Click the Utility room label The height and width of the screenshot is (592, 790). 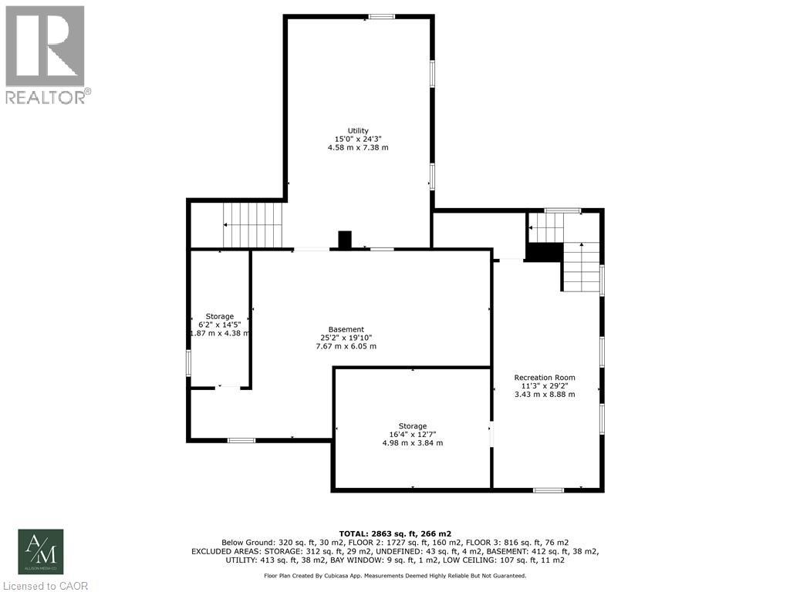(358, 130)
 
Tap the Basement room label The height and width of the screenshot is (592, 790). (346, 329)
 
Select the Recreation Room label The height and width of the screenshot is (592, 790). (545, 377)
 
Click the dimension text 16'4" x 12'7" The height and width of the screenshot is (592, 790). (413, 435)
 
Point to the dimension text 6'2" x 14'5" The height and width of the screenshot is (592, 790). (220, 325)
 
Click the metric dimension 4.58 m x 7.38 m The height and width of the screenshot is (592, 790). (358, 147)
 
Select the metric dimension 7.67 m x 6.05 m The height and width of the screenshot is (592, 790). (346, 346)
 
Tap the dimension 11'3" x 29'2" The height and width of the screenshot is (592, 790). (545, 385)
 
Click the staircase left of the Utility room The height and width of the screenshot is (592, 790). (254, 224)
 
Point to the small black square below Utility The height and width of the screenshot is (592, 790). (346, 240)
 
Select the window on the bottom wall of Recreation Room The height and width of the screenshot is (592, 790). (548, 489)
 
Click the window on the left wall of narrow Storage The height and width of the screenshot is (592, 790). (188, 362)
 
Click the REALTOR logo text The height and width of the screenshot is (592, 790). (48, 96)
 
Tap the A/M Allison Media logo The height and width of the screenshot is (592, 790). (41, 551)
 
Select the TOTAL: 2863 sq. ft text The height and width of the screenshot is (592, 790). (395, 533)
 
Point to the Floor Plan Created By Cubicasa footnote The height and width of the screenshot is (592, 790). (395, 575)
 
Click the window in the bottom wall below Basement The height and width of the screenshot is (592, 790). (241, 440)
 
